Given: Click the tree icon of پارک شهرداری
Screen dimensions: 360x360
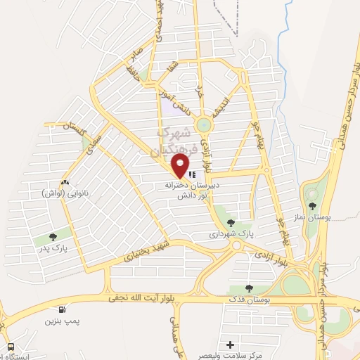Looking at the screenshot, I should pos(231,223).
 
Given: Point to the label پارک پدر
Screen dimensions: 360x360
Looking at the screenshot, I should pos(53,248).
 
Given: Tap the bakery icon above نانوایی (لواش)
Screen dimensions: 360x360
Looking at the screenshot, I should pos(65,183).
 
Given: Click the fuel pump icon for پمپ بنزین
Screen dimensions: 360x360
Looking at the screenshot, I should pos(63,309).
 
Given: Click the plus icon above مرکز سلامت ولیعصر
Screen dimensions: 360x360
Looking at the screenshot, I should pos(231,345).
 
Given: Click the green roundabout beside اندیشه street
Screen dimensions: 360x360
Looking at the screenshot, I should pos(204,125).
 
